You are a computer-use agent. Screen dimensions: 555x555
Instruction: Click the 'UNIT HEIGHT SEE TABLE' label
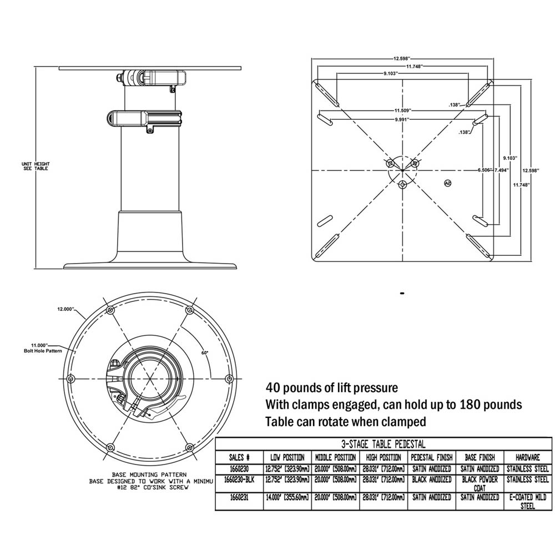[x=35, y=166]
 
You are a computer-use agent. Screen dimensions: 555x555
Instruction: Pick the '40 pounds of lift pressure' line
[x=331, y=387]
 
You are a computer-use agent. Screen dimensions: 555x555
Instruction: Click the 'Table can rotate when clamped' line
[x=346, y=422]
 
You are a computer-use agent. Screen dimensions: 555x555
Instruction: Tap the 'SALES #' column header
[x=239, y=458]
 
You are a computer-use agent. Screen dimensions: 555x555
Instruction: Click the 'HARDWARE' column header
[x=528, y=458]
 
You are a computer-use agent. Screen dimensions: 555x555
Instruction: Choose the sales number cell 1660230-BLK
[x=239, y=479]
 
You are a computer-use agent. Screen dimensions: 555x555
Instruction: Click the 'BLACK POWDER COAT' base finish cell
[x=481, y=483]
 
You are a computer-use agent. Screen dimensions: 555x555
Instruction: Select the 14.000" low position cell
[x=287, y=498]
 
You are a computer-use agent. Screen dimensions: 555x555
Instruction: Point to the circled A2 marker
[x=448, y=183]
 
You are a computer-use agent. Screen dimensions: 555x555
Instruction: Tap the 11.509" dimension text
[x=403, y=110]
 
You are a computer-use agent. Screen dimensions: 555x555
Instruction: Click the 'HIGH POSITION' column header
[x=383, y=458]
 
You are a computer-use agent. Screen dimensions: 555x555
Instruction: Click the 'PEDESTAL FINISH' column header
[x=432, y=458]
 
